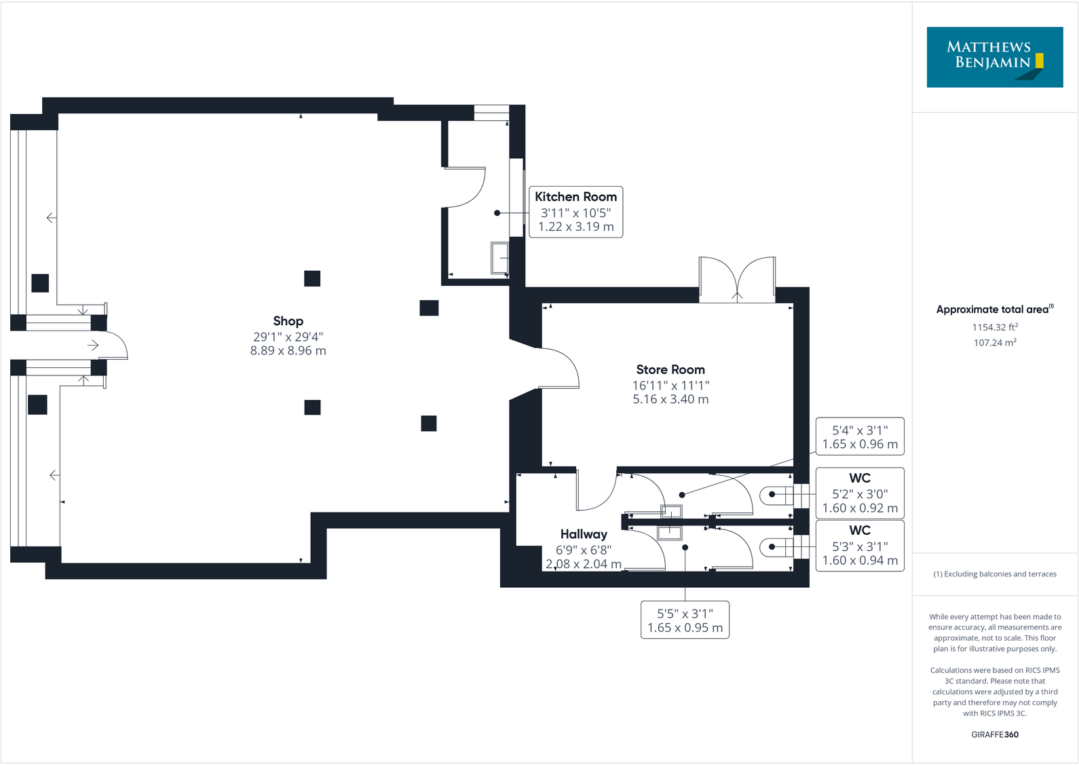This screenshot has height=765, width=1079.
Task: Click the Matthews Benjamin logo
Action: pos(994,57)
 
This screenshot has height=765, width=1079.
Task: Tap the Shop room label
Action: pos(288,321)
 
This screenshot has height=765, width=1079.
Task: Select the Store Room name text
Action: pos(670,370)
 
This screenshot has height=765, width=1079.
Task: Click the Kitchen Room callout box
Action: pos(575,212)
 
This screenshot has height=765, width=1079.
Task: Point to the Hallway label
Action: pos(583,534)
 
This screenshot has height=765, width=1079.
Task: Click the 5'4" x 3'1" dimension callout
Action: pos(859,436)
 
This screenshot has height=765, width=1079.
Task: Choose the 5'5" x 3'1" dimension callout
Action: pos(684,620)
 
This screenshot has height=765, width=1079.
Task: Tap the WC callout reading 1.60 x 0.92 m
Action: pos(859,493)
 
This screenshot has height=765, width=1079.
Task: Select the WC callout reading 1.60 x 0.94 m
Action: pos(859,546)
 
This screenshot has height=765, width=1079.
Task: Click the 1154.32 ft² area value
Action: pos(994,327)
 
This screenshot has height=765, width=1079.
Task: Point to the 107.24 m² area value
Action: pos(994,343)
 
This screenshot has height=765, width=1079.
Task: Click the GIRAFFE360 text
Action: pos(994,734)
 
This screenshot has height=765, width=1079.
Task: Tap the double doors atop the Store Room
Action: pos(737,280)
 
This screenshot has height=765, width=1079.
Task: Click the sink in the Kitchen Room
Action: pos(499,258)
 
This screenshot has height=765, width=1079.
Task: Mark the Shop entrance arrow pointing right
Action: pos(93,346)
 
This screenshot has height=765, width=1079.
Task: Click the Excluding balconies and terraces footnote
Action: pos(994,574)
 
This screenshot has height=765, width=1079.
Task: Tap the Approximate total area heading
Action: pos(994,310)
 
